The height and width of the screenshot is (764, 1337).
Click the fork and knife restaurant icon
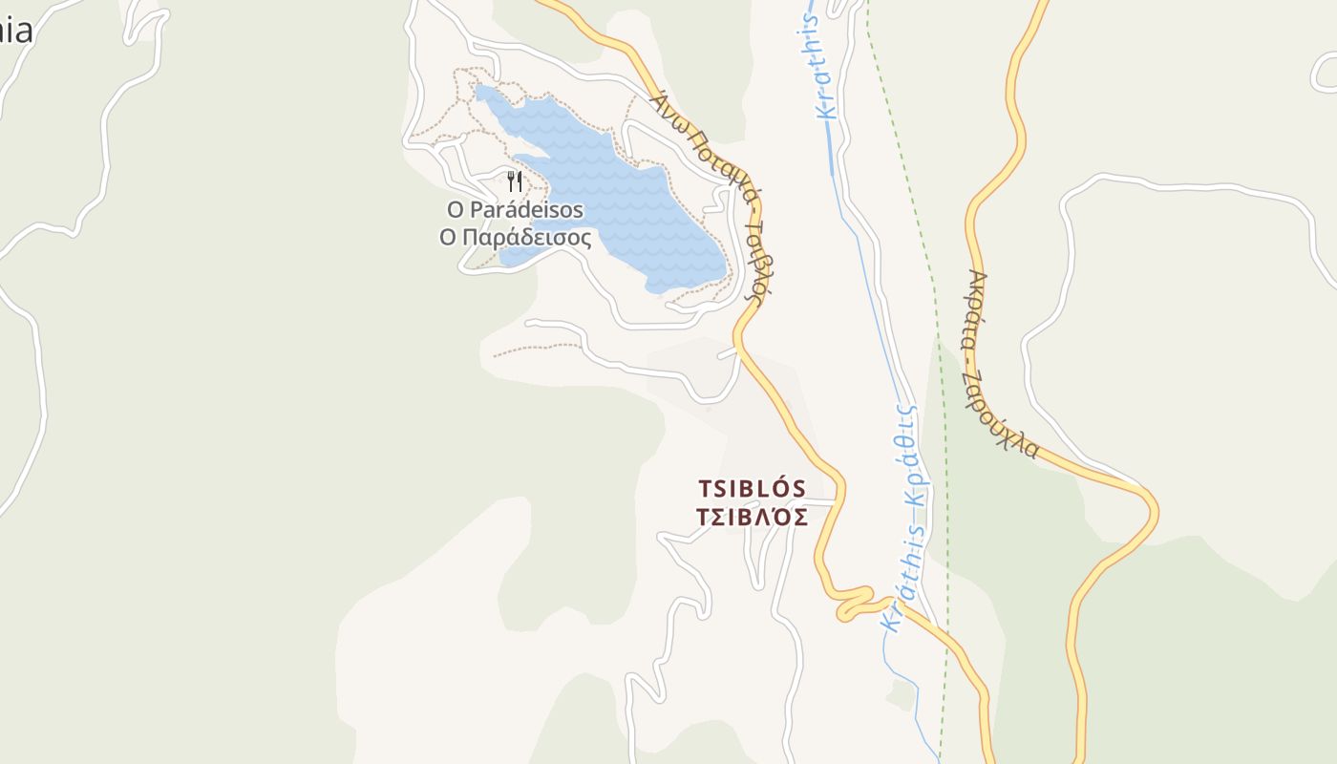pos(515,180)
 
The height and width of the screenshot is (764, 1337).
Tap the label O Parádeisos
pos(515,208)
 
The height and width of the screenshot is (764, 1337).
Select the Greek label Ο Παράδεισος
pos(515,237)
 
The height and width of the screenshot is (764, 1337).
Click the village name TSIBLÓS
pos(752,489)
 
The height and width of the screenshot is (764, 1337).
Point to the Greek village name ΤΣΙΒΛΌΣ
pos(752,518)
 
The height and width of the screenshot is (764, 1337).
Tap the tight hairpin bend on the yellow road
pos(855,602)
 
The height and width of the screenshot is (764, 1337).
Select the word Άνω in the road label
pos(664,105)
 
